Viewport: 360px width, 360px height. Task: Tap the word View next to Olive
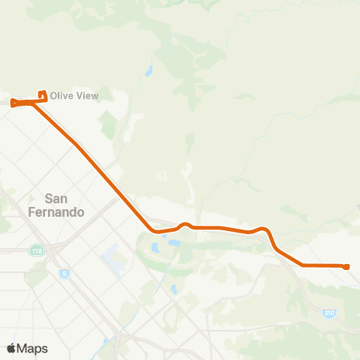pos(86,96)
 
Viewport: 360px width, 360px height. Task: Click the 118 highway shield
pos(37,250)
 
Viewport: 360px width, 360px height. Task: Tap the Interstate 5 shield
pos(64,273)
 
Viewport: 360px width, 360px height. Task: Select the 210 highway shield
pos(328,311)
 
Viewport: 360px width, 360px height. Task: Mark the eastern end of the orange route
pos(346,266)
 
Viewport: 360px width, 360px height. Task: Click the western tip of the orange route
pos(13,103)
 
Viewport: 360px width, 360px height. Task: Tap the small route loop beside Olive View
pos(43,96)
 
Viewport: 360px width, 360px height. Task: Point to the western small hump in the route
pos(184,224)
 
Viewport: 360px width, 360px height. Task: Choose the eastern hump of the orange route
pos(262,228)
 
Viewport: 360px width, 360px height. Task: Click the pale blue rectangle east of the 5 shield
pos(113,259)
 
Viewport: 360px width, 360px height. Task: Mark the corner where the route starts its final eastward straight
pos(302,265)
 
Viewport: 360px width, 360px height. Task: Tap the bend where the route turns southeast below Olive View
pos(34,103)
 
